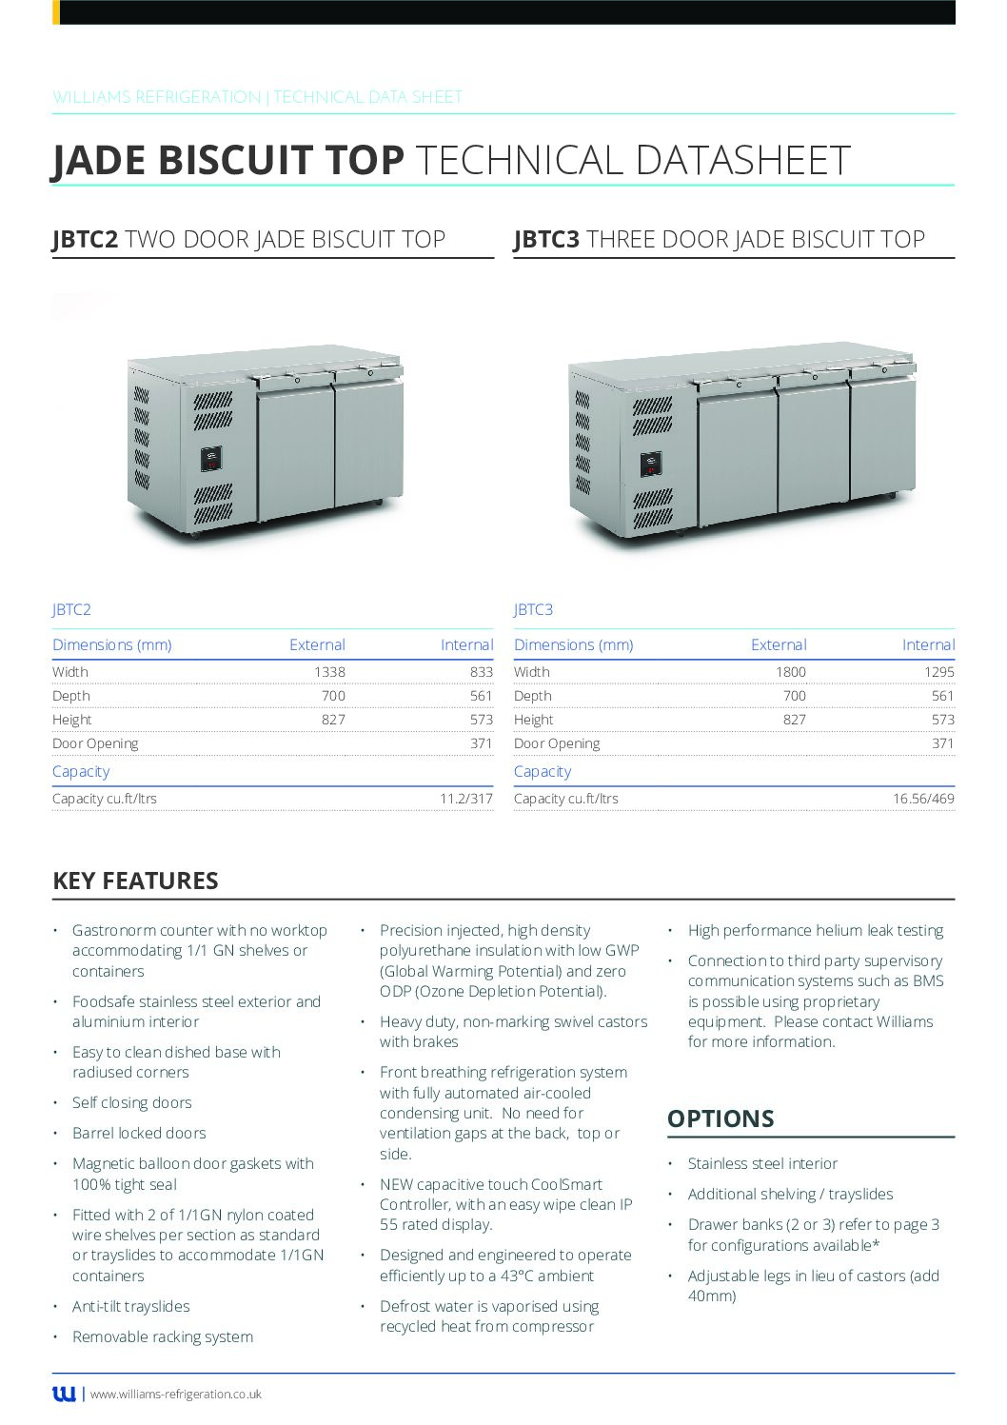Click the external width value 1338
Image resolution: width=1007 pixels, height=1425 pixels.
click(x=329, y=672)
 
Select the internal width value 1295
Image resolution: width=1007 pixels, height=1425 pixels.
click(x=938, y=672)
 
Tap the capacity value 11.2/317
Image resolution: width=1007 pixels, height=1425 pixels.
click(x=465, y=800)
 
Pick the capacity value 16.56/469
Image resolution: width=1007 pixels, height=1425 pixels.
click(x=923, y=800)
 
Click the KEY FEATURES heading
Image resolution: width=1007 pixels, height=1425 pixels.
click(x=135, y=881)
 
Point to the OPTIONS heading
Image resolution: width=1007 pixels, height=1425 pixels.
click(x=721, y=1118)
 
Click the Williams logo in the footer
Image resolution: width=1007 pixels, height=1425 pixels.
click(x=64, y=1395)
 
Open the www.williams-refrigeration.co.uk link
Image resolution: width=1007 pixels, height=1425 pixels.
click(x=176, y=1395)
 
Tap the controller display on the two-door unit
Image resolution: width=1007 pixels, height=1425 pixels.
click(x=211, y=459)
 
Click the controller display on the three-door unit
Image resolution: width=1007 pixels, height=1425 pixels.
click(x=651, y=464)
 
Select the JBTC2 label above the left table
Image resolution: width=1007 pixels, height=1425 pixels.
click(x=71, y=610)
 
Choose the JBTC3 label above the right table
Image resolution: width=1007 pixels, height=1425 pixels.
click(x=533, y=610)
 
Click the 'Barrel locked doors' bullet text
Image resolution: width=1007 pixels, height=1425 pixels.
click(x=139, y=1134)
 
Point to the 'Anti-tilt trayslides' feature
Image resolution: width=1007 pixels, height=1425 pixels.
click(x=131, y=1307)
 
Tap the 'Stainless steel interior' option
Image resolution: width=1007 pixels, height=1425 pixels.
click(x=762, y=1164)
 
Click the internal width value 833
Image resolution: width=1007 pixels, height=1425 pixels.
click(x=481, y=672)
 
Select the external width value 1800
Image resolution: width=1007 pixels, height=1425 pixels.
click(x=790, y=672)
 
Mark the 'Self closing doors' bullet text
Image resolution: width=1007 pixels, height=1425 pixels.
click(x=132, y=1103)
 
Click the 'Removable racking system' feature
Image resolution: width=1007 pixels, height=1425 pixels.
click(x=163, y=1337)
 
